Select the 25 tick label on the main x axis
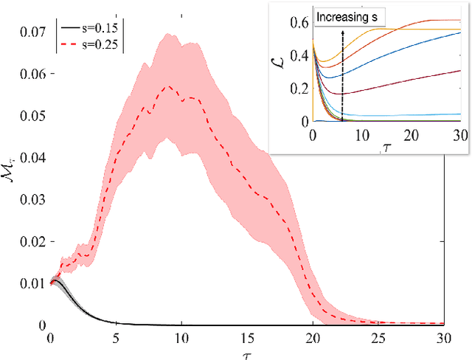[378, 338]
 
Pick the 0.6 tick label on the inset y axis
[299, 23]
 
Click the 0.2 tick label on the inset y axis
[299, 89]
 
